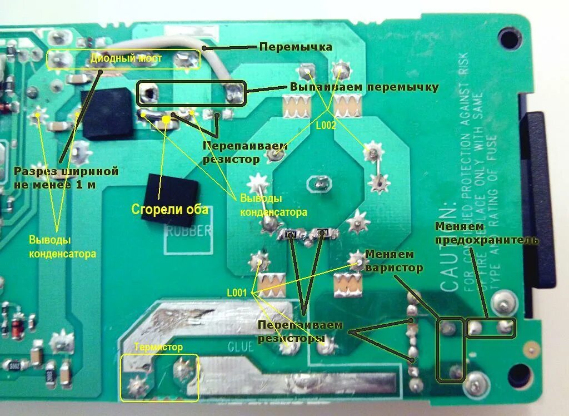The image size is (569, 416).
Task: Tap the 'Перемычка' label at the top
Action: click(296, 47)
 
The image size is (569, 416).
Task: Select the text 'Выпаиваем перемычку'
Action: click(364, 87)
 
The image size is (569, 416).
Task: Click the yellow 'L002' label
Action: click(326, 126)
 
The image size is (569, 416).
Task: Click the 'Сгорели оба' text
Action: click(169, 210)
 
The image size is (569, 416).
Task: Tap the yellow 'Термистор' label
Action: click(158, 347)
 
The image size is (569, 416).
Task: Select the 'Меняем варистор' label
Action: click(394, 261)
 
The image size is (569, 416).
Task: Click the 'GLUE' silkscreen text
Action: click(240, 346)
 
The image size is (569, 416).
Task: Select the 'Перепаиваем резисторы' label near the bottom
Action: click(301, 331)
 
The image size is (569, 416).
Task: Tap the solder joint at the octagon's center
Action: click(320, 183)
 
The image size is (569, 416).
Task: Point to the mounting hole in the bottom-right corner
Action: click(519, 371)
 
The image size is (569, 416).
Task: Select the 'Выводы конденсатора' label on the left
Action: click(62, 247)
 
